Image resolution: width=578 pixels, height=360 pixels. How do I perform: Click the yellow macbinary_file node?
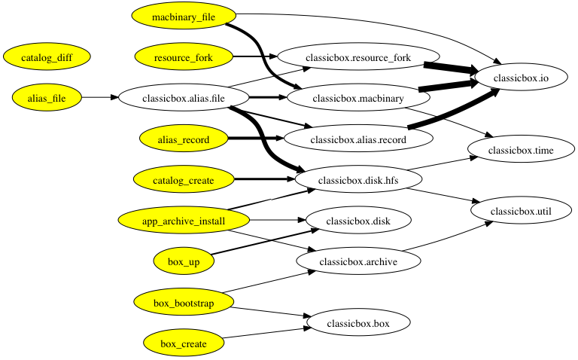click(x=184, y=17)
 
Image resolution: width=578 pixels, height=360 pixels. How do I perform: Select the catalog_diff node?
click(x=47, y=57)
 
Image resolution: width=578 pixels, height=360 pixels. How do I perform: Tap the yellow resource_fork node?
click(x=184, y=57)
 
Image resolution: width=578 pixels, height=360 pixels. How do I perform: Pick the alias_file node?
click(x=47, y=98)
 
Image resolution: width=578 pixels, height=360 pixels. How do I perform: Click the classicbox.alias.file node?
click(x=184, y=98)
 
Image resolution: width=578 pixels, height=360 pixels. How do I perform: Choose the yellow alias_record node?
click(x=184, y=139)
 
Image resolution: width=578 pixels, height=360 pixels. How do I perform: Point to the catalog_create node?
click(x=184, y=180)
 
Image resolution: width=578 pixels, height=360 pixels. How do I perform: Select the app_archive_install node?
click(x=184, y=221)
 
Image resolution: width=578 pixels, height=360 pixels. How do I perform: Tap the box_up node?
click(x=184, y=261)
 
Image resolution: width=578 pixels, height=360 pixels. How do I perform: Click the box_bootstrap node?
click(x=184, y=303)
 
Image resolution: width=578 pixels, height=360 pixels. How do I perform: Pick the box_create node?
click(x=184, y=343)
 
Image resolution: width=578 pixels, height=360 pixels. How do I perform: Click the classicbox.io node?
click(x=521, y=78)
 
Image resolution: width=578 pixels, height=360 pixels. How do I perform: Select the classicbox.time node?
click(x=521, y=150)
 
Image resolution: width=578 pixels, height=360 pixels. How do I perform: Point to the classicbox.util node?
click(x=521, y=211)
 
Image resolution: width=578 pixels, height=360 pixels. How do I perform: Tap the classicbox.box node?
click(x=358, y=323)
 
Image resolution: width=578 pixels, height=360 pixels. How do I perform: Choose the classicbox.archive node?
click(x=358, y=261)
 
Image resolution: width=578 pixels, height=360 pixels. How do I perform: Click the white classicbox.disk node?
click(x=358, y=221)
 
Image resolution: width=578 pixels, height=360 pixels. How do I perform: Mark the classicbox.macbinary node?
click(x=358, y=98)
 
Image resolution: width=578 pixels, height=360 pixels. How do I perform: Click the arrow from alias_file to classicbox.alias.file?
click(x=100, y=97)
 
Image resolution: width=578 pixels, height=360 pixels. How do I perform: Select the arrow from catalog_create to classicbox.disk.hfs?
click(x=265, y=179)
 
